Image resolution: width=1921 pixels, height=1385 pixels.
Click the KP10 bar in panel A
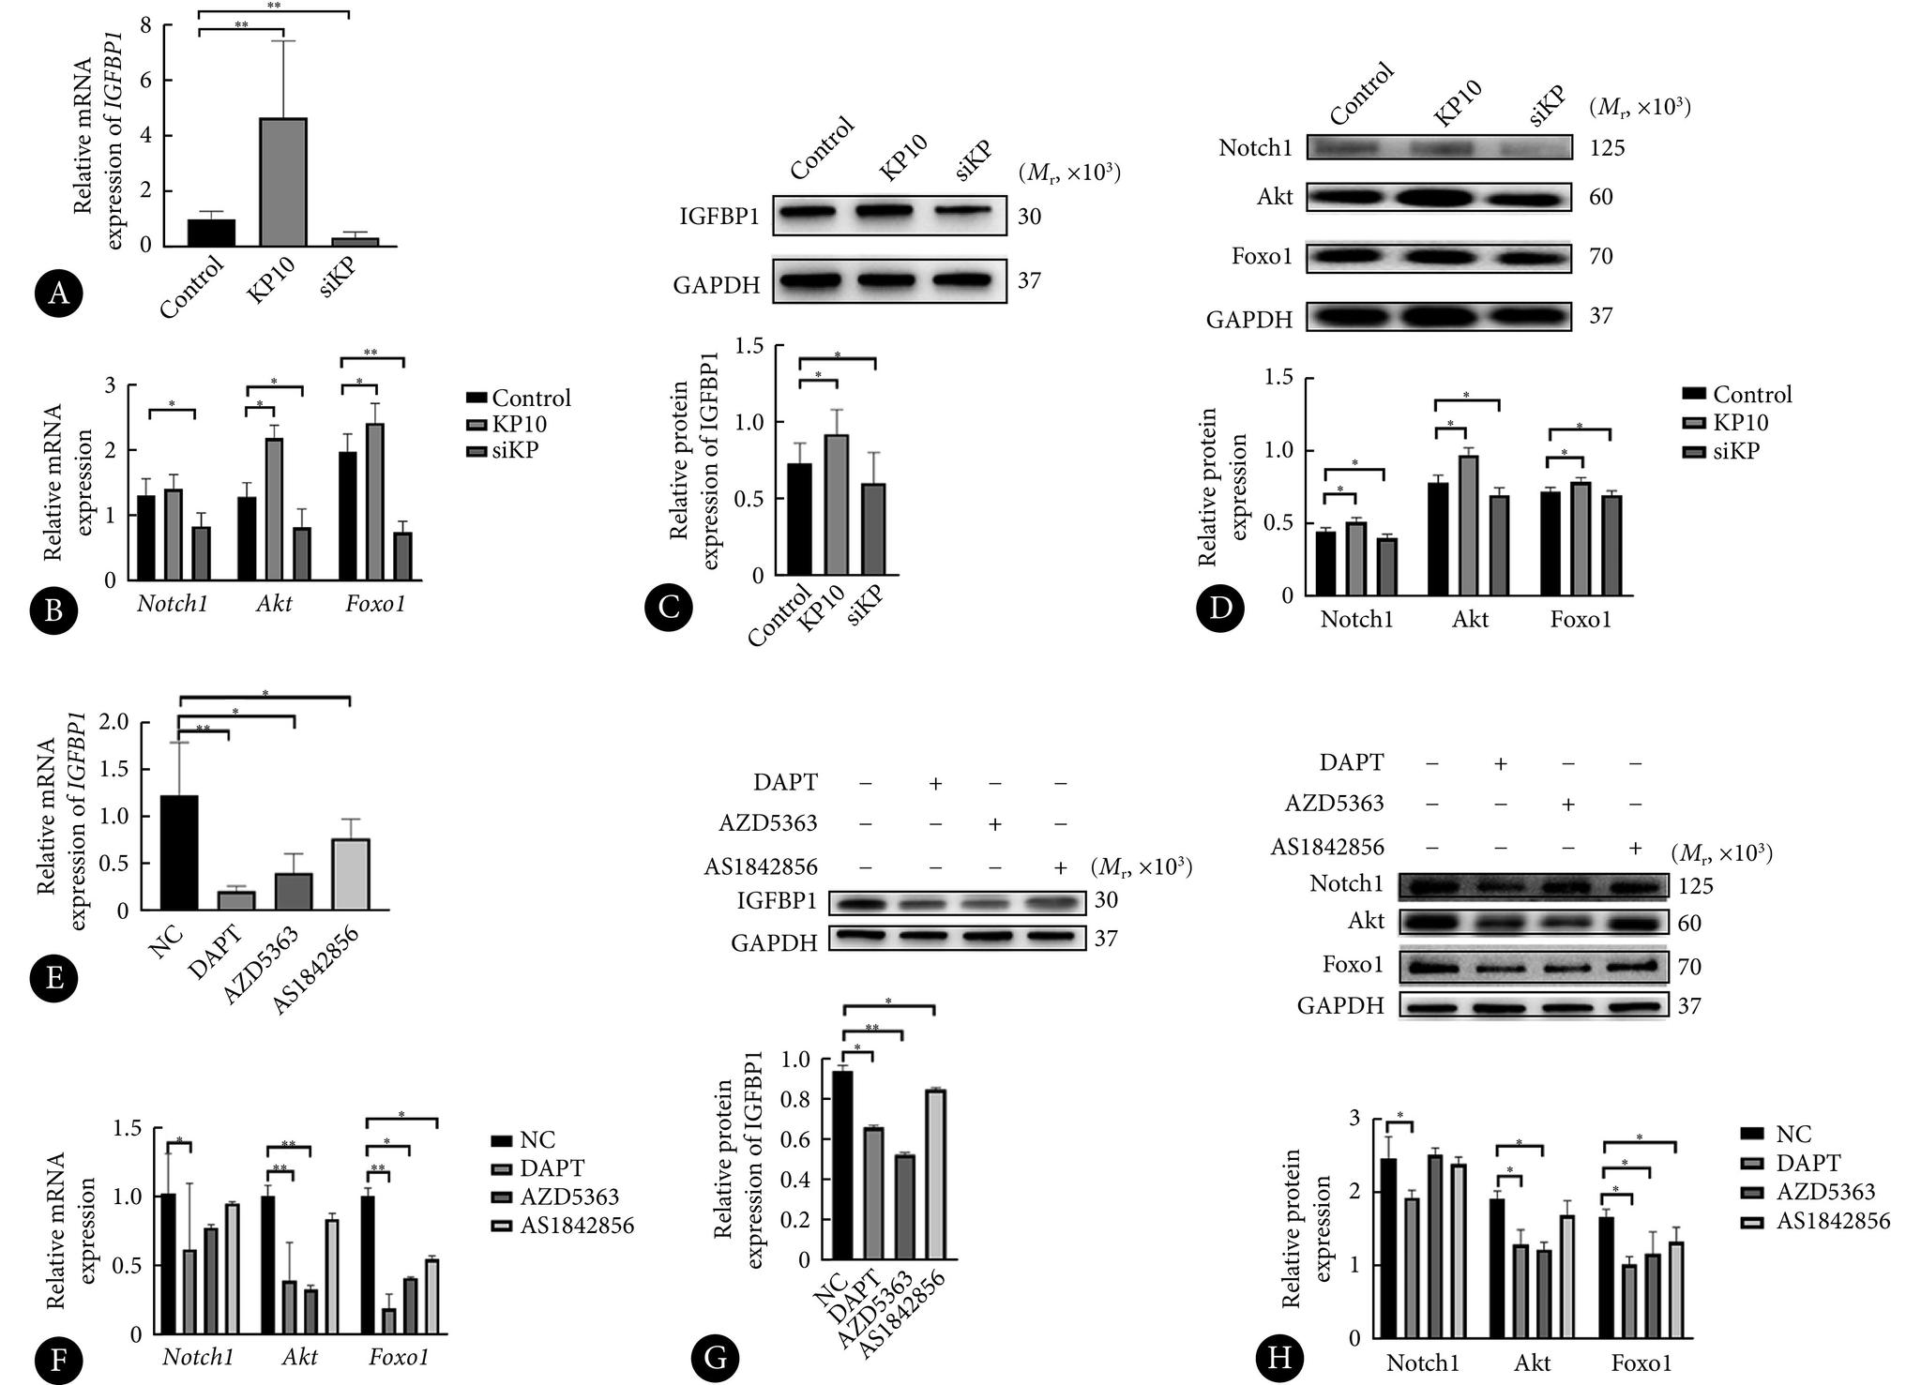point(282,183)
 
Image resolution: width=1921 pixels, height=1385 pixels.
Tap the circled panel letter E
point(53,978)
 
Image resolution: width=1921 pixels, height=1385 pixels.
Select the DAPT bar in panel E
point(236,899)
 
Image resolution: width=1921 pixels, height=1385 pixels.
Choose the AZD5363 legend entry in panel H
point(1814,1192)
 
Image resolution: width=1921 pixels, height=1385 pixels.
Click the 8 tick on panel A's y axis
point(144,25)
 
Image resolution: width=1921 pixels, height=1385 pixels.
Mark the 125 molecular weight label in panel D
point(1607,147)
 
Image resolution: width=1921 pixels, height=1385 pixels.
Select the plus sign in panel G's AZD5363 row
point(995,824)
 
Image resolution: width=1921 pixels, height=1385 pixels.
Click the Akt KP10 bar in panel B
point(274,509)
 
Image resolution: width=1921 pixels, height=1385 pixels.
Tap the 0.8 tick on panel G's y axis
point(801,1099)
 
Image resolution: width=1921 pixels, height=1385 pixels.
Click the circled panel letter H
point(1279,1359)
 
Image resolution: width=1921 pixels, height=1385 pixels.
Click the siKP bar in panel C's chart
point(873,528)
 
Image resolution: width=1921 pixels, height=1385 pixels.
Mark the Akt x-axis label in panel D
point(1470,619)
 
